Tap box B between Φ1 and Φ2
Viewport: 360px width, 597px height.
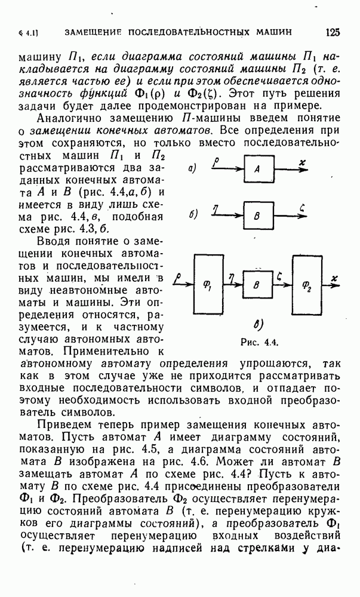tap(257, 285)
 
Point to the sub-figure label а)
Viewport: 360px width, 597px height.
tap(192, 169)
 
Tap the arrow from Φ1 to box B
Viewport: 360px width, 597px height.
tap(233, 285)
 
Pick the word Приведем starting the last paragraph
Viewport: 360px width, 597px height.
tap(62, 424)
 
